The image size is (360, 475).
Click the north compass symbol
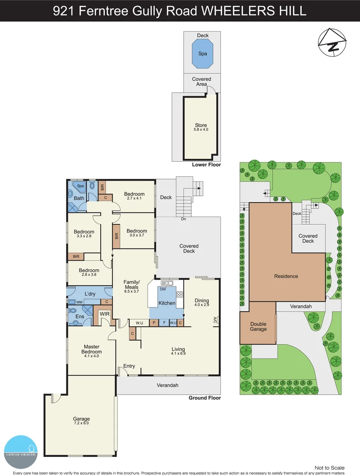point(331,43)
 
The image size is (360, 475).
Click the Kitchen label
point(167,303)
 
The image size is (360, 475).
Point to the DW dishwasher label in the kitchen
point(163,289)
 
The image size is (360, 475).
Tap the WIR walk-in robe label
point(105,314)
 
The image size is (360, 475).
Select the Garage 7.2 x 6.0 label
point(81,421)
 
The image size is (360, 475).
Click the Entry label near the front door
point(129,366)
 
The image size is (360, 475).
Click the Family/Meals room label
point(131,286)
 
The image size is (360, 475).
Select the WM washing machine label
point(79,302)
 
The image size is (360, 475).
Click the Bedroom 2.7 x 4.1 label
point(134,196)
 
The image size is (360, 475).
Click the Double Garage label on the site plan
point(258,326)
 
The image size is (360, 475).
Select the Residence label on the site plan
point(286,276)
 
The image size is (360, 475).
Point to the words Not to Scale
point(330,468)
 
